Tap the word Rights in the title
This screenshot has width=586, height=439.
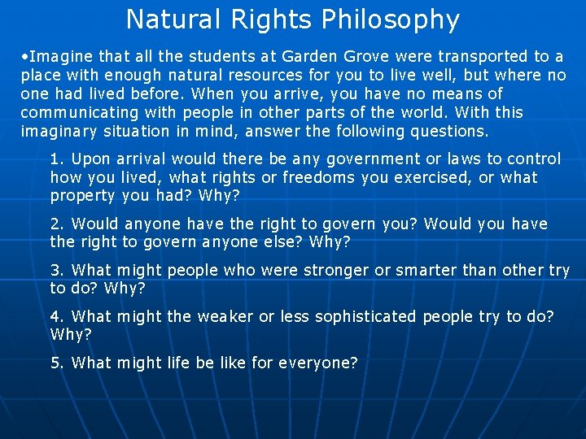(273, 20)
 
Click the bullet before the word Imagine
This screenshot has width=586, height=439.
(26, 57)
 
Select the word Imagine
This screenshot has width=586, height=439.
(61, 57)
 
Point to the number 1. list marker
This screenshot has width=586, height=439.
(57, 159)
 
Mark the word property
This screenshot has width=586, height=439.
(81, 197)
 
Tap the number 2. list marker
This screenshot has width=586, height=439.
(57, 224)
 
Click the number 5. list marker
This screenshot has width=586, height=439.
(57, 363)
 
